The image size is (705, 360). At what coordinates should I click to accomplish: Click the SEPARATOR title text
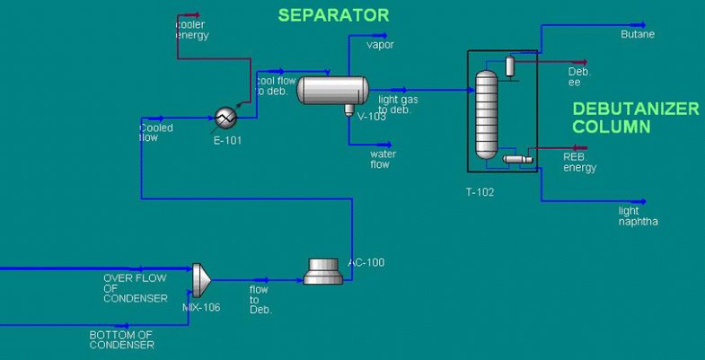point(333,15)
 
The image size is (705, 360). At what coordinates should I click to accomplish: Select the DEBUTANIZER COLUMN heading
point(635,118)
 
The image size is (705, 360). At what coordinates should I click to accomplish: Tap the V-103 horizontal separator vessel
point(332,90)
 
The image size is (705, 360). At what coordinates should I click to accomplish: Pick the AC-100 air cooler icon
point(322,271)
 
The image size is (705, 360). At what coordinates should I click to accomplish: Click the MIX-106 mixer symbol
point(201,279)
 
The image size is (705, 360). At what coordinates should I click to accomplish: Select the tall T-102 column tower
point(486,114)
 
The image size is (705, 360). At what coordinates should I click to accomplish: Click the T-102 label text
point(480,191)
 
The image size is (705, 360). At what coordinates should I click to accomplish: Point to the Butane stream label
point(638,35)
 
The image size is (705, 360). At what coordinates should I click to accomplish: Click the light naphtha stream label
point(638,216)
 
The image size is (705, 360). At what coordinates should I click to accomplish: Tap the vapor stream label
point(380,44)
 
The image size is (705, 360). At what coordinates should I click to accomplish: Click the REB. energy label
point(579,162)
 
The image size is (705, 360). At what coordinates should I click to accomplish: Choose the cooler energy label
point(191,30)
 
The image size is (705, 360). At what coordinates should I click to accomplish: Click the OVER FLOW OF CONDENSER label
point(135,288)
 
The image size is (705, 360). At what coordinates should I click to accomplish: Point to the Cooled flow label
point(156,133)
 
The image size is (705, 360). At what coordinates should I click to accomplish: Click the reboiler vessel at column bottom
point(517,159)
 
